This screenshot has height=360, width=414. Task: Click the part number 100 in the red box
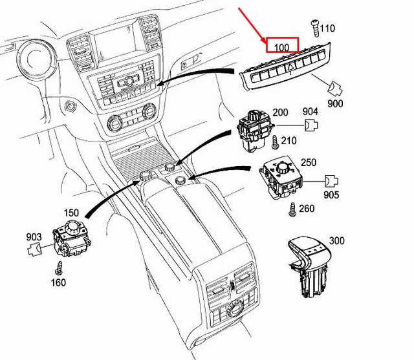pos(281,47)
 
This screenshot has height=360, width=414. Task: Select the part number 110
pos(327,28)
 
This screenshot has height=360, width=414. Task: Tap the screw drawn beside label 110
pos(315,27)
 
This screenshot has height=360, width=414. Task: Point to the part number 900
pos(335,103)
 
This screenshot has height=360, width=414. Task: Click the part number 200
pos(280,112)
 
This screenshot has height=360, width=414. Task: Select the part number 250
pos(309,162)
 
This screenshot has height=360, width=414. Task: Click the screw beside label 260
pos(292,209)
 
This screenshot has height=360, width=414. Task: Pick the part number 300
pos(337,240)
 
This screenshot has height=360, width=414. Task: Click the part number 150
pos(71,213)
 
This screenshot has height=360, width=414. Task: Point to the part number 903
pos(34,237)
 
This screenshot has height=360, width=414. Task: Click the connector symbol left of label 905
pos(331,180)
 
